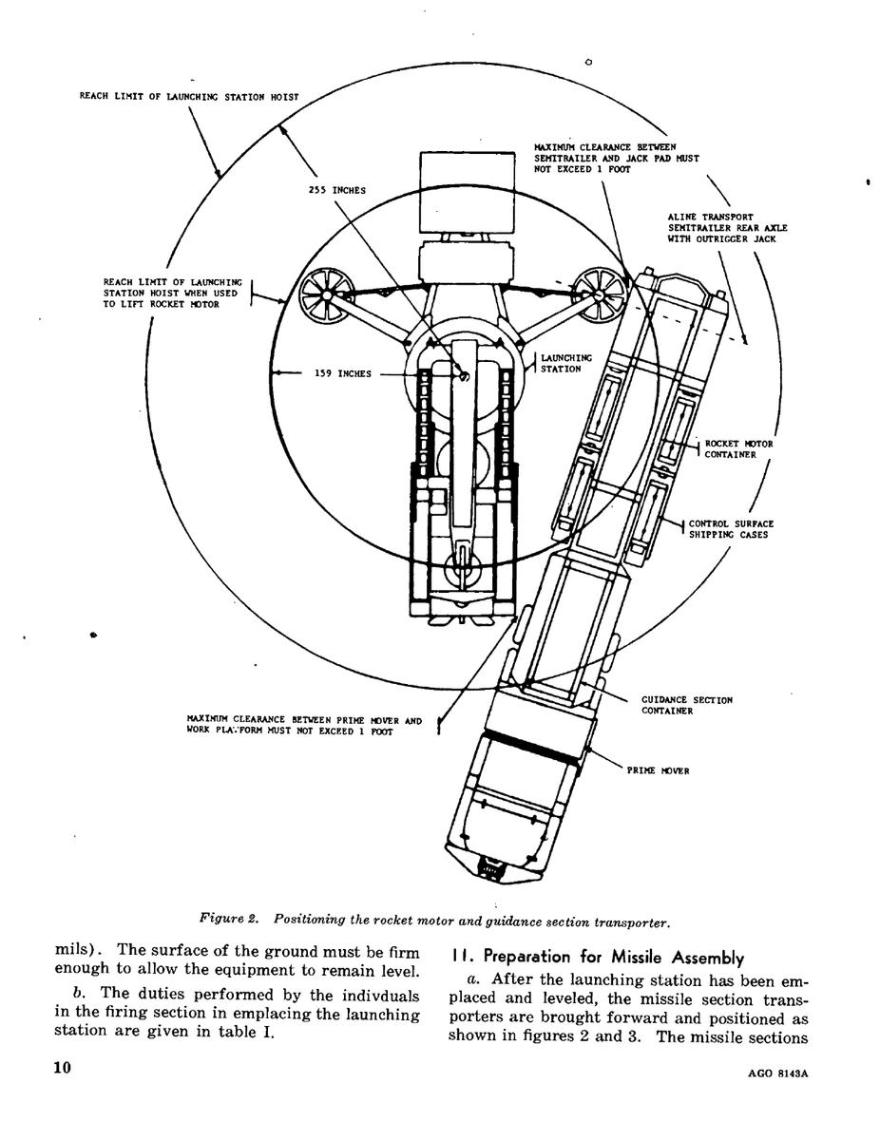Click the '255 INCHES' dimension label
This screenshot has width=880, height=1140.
(336, 190)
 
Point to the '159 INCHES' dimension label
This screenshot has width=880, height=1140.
(343, 373)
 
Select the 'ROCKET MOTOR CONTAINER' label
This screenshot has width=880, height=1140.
(738, 449)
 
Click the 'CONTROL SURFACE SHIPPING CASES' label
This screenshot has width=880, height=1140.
(731, 529)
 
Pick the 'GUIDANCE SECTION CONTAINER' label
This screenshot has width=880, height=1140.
(687, 705)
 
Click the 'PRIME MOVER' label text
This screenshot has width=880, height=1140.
(658, 770)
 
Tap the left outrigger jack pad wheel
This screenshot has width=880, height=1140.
(326, 295)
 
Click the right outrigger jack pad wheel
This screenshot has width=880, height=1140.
(600, 294)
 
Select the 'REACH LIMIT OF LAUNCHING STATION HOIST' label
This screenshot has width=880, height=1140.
(189, 97)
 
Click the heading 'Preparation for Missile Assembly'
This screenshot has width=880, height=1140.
(613, 958)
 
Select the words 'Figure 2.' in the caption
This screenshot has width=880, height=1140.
(229, 919)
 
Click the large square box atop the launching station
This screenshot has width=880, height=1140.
(467, 193)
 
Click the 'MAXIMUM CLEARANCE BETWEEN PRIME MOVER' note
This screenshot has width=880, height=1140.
(304, 720)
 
